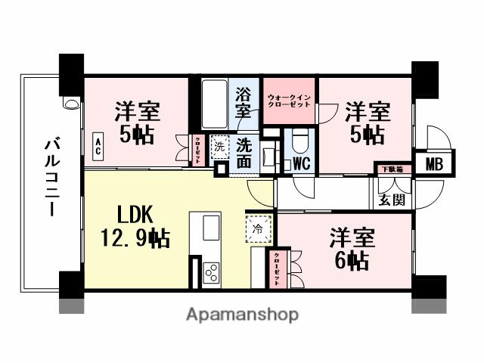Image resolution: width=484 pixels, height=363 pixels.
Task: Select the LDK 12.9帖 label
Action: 136,226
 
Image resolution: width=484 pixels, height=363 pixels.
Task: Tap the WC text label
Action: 301,163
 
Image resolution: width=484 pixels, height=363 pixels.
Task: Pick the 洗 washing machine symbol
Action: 219,145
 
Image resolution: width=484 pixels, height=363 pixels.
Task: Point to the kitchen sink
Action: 211,227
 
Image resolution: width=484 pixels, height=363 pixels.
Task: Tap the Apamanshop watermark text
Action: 242,314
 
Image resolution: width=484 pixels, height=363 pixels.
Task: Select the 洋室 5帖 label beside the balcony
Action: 137,123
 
